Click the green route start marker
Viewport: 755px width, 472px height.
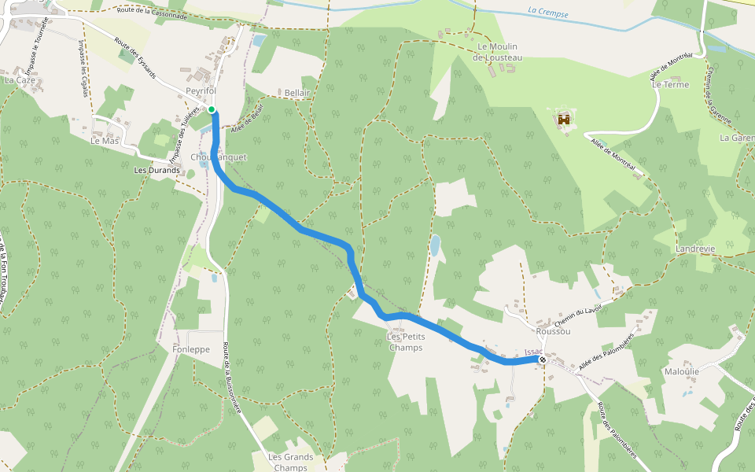(x=212, y=109)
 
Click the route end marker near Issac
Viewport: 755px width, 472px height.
(x=543, y=360)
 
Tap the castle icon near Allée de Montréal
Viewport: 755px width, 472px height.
(x=564, y=120)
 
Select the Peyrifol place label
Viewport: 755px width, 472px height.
(x=201, y=91)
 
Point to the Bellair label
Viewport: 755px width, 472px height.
(x=298, y=93)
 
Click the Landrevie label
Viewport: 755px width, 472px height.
(x=695, y=249)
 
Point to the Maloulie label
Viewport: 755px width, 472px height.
(x=682, y=371)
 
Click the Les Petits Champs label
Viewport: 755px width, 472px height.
(x=405, y=342)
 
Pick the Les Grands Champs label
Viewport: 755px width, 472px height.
(x=291, y=462)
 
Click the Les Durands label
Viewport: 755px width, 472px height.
(x=157, y=170)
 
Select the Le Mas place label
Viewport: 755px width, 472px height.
(x=105, y=142)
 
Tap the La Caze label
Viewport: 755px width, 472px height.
(x=20, y=80)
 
